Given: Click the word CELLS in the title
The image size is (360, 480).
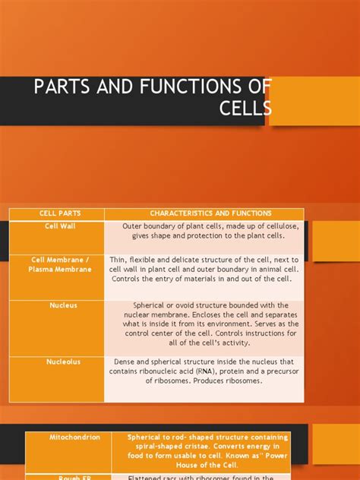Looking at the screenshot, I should tap(245, 111).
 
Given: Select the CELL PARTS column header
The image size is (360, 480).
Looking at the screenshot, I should tap(57, 213).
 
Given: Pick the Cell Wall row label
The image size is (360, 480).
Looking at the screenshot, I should tap(60, 226).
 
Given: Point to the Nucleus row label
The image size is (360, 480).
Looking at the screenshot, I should tap(63, 305).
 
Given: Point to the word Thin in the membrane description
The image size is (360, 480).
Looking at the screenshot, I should tap(118, 259).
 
